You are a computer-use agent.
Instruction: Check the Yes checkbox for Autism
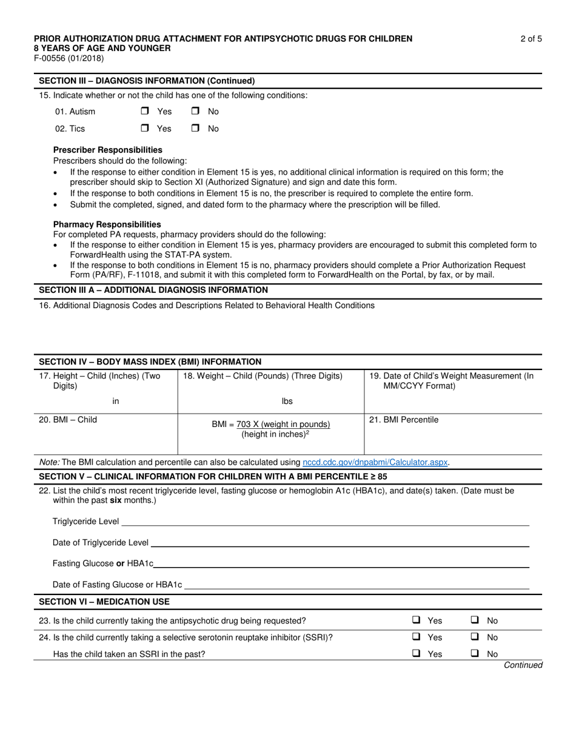[x=145, y=112]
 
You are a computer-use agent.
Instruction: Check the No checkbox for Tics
[x=195, y=129]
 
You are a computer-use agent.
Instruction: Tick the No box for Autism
[x=195, y=112]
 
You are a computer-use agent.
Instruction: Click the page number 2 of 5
[x=531, y=39]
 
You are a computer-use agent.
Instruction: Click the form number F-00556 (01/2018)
[x=69, y=59]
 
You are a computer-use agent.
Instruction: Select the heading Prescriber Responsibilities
[x=108, y=150]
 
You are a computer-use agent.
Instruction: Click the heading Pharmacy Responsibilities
[x=107, y=224]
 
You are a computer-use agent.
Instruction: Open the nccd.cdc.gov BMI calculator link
[x=375, y=462]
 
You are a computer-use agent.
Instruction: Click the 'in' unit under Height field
[x=116, y=401]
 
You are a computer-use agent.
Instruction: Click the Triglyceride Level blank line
[x=324, y=522]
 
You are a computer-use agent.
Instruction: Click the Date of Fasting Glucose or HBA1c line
[x=357, y=585]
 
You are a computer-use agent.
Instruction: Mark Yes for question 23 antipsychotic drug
[x=417, y=620]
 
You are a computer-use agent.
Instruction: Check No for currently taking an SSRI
[x=476, y=637]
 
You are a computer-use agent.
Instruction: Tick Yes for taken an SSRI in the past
[x=417, y=654]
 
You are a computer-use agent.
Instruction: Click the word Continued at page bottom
[x=523, y=665]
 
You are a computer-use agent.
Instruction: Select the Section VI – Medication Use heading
[x=104, y=602]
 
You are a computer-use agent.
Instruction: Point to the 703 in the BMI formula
[x=244, y=424]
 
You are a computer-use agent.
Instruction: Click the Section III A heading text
[x=153, y=290]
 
